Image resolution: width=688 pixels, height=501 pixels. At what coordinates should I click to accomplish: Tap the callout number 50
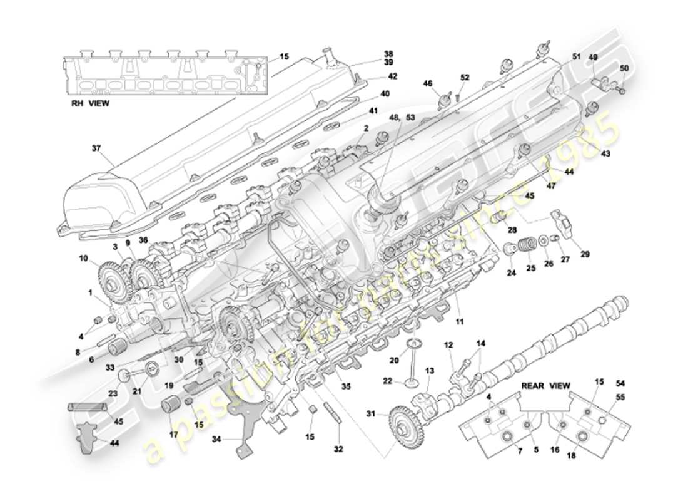(624, 68)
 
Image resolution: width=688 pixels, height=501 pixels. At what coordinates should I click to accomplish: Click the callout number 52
(465, 77)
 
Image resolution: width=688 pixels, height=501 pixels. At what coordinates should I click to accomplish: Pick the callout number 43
(606, 153)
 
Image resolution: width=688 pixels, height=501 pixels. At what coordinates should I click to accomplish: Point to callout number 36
(143, 239)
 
